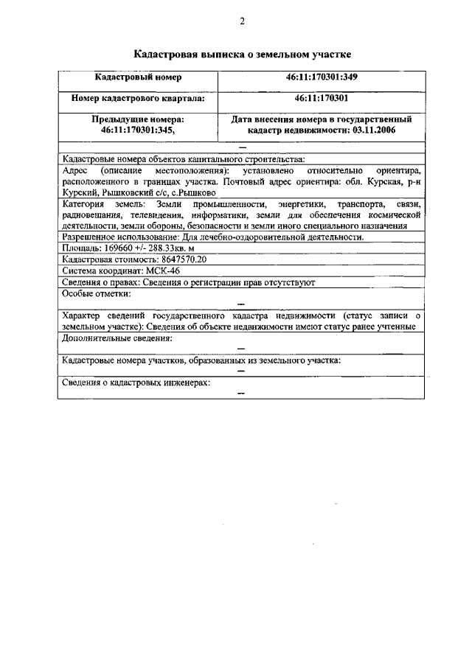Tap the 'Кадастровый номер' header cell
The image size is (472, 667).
[138, 77]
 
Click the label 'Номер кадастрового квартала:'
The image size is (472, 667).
[138, 97]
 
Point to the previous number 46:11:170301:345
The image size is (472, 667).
[138, 130]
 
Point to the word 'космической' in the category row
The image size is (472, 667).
[395, 214]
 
